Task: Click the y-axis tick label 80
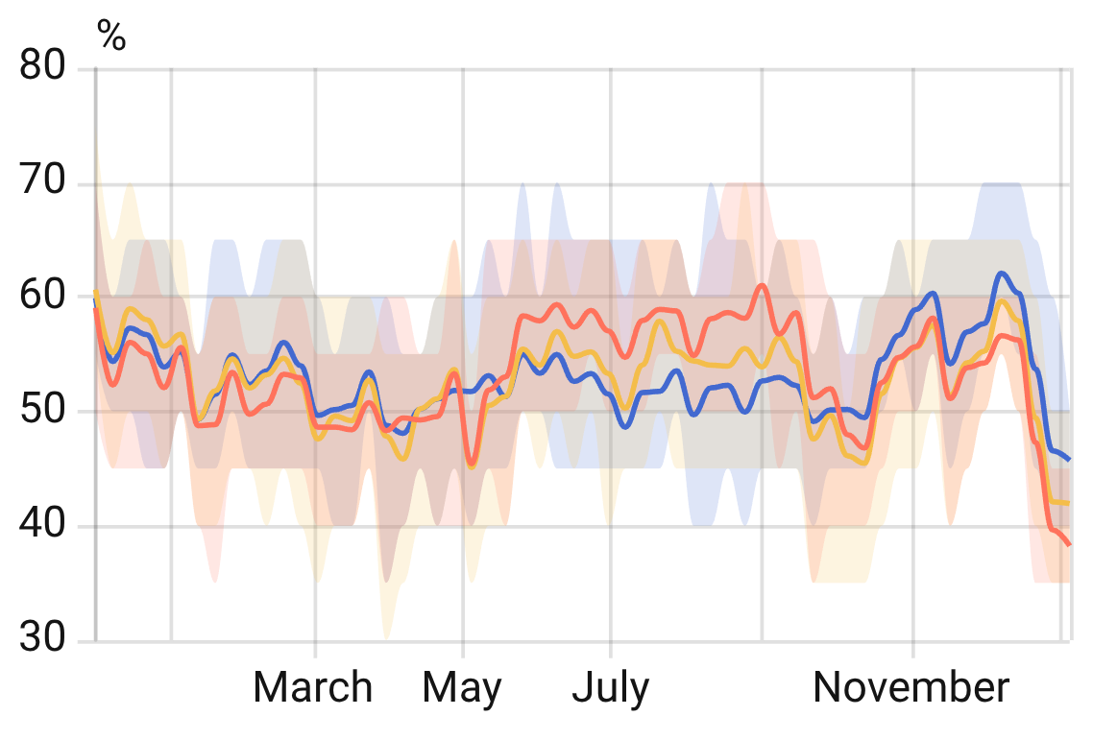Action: tap(42, 67)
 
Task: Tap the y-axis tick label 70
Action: tap(42, 181)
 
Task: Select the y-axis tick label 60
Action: tap(42, 297)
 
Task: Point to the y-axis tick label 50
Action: tap(42, 412)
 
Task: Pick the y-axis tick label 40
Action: tap(42, 526)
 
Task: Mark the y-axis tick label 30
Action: tap(42, 640)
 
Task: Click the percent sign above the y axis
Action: tap(111, 36)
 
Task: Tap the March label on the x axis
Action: tap(313, 688)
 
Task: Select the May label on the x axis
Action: tap(462, 688)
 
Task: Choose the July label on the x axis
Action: tap(611, 688)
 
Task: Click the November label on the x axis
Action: tap(911, 688)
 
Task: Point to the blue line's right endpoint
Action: tap(1069, 460)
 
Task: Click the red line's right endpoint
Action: tap(1069, 544)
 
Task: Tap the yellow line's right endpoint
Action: tap(1069, 503)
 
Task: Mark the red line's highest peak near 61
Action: tap(762, 285)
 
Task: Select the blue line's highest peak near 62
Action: tap(1002, 274)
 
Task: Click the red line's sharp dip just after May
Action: tap(471, 464)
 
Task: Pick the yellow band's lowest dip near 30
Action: tap(386, 637)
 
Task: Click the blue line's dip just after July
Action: tap(626, 426)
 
